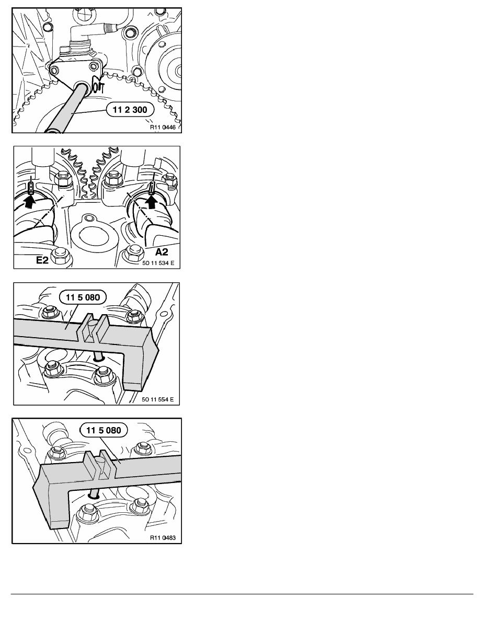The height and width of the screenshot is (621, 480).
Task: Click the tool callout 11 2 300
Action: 130,110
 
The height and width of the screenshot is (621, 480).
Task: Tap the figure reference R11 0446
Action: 163,127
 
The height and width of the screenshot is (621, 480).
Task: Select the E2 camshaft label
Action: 42,260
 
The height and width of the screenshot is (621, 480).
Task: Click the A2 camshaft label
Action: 161,251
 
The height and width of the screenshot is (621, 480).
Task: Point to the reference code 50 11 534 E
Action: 158,262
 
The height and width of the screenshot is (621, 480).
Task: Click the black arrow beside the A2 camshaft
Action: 151,201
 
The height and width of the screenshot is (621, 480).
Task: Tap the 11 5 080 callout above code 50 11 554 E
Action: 83,297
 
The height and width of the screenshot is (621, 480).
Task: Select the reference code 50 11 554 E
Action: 157,399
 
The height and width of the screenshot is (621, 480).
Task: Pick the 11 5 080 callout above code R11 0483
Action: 104,430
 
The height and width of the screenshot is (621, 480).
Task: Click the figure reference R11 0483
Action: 163,538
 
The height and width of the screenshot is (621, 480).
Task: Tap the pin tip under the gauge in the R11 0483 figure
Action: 94,495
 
